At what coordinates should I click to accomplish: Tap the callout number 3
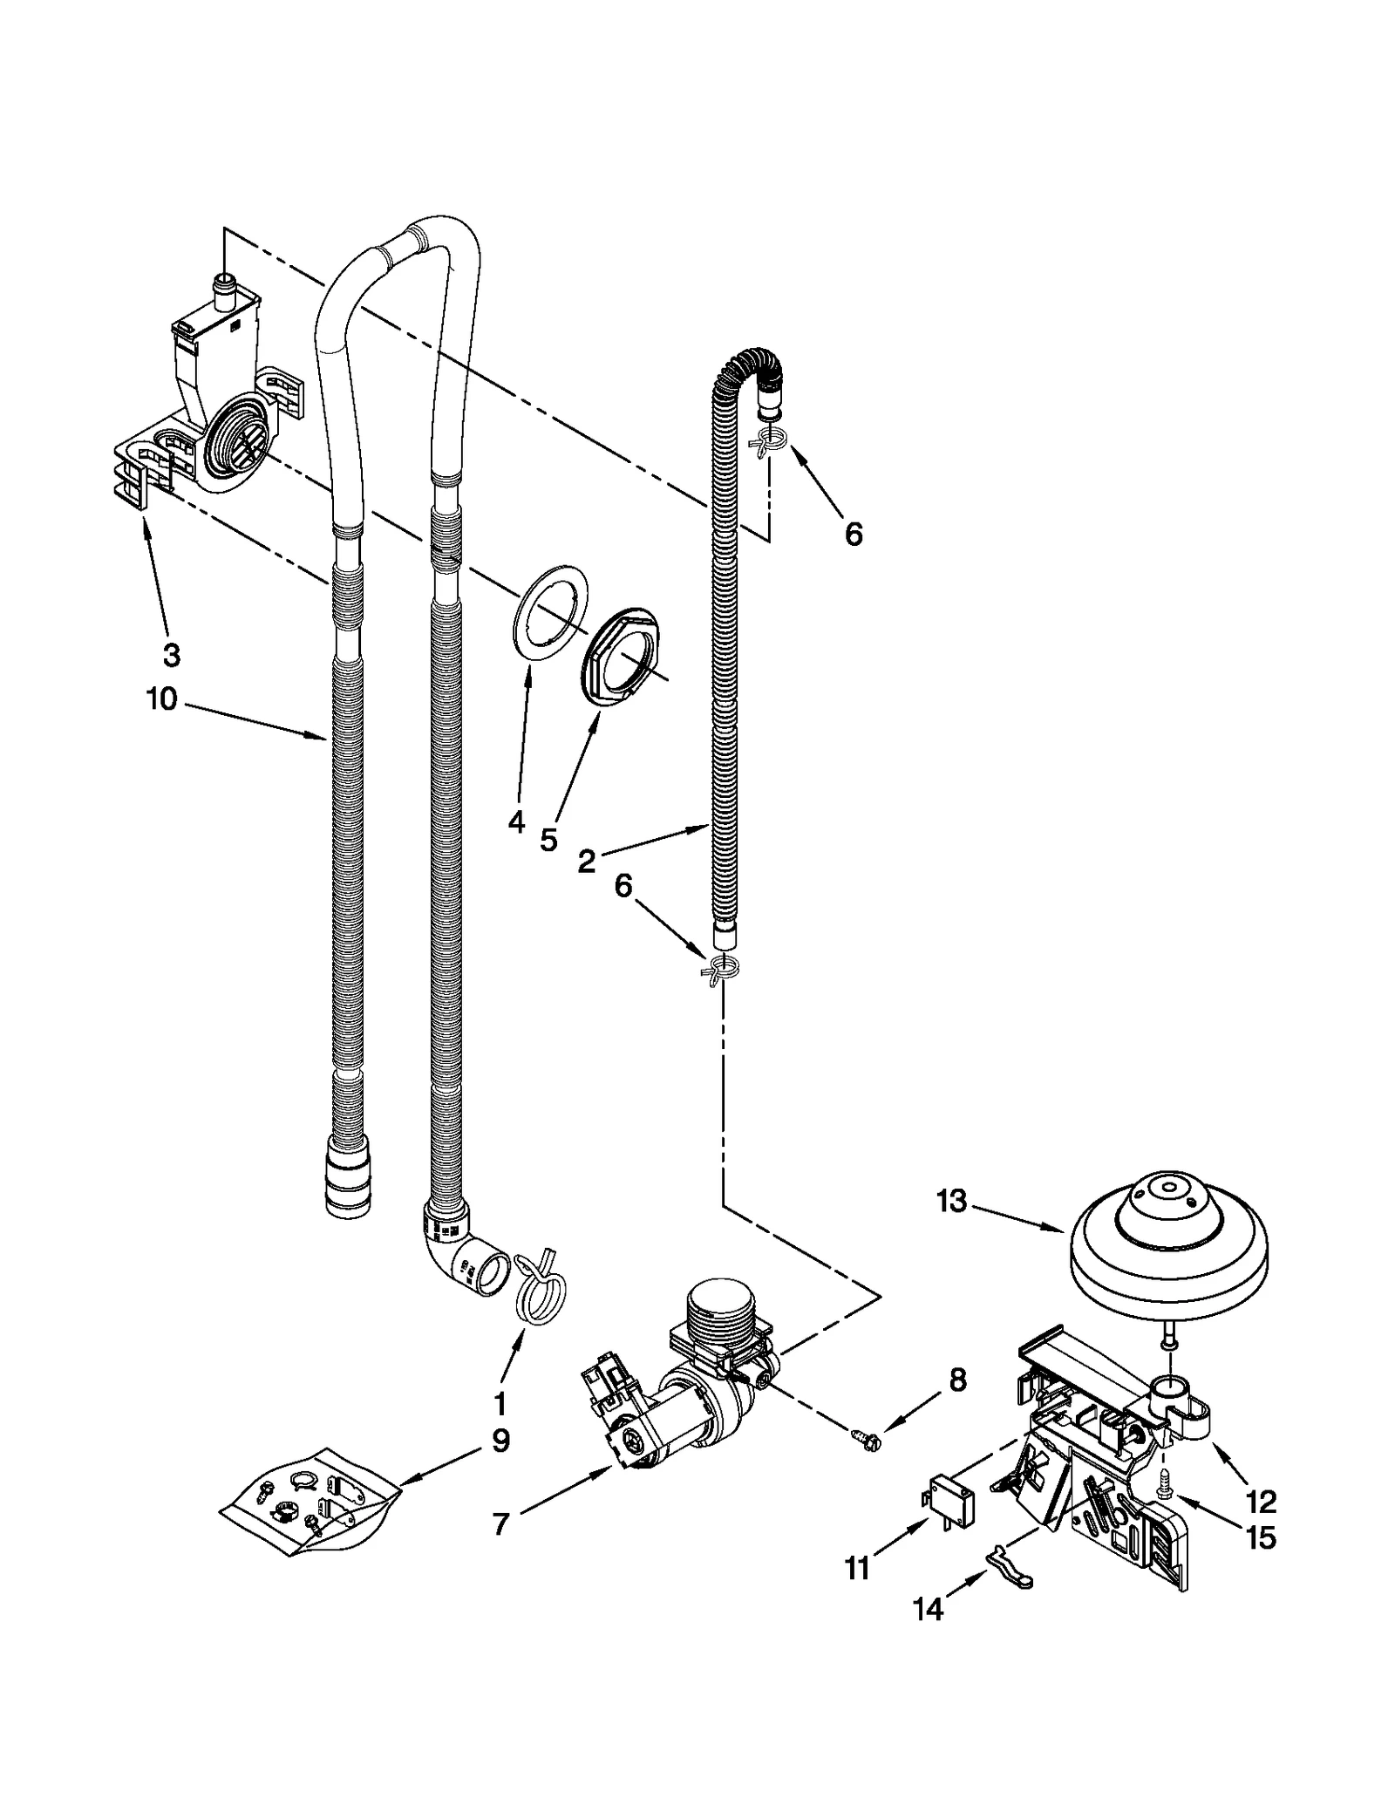(x=171, y=654)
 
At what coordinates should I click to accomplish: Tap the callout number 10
(x=163, y=699)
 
